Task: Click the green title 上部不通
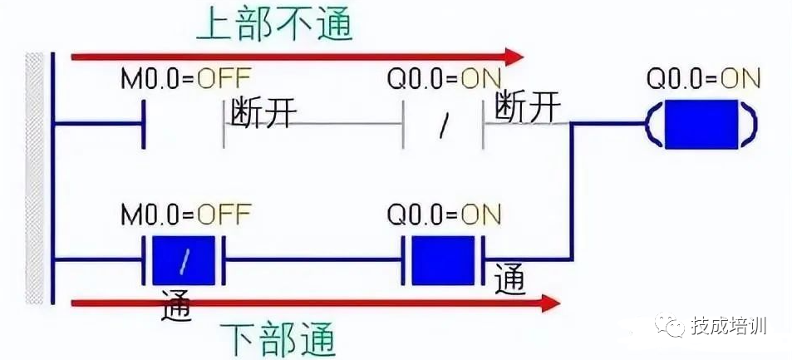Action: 274,24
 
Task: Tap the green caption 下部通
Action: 278,338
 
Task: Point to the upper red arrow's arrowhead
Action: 514,57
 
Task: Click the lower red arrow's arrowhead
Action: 550,303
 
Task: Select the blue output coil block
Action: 701,125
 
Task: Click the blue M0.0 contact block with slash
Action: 184,260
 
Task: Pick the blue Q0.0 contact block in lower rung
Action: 443,260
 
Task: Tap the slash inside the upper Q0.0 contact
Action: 444,126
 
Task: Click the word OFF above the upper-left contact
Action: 224,78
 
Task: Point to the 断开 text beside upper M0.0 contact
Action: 261,110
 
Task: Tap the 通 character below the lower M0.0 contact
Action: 176,306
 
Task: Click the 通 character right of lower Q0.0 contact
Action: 509,279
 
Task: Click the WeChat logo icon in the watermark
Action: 670,324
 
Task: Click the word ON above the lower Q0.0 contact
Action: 481,215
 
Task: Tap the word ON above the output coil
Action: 740,78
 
